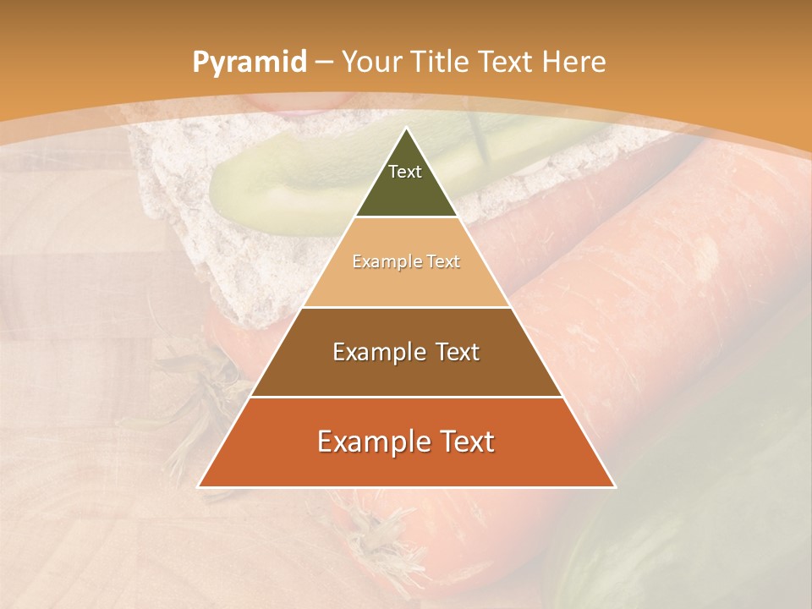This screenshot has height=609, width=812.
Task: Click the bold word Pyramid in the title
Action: [x=249, y=63]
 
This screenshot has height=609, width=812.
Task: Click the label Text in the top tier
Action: [x=405, y=172]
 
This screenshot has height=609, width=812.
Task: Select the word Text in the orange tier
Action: [x=464, y=442]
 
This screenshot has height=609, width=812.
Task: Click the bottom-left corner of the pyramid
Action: [x=199, y=486]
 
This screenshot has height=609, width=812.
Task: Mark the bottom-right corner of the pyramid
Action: [x=615, y=486]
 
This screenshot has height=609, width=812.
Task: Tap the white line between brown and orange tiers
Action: [x=406, y=397]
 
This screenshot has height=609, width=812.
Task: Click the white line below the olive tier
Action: [x=406, y=217]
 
